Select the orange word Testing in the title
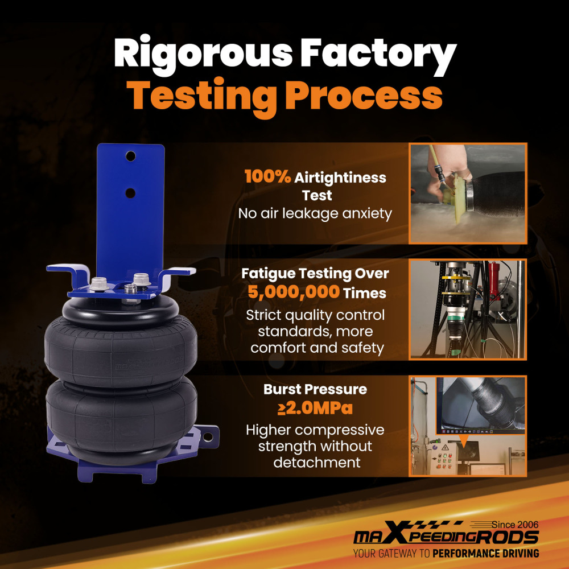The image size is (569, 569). click(x=201, y=97)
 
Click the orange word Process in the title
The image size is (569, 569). click(x=364, y=95)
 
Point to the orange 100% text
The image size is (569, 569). click(x=268, y=177)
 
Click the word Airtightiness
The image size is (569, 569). click(x=340, y=178)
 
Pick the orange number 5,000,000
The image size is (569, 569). click(x=294, y=292)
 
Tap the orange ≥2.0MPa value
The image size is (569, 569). click(x=315, y=408)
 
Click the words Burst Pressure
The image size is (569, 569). click(x=315, y=389)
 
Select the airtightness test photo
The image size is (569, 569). click(x=468, y=193)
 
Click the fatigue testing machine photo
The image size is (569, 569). click(x=468, y=309)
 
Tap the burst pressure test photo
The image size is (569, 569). click(x=468, y=426)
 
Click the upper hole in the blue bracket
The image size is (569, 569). click(x=131, y=156)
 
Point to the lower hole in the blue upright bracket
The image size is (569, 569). click(x=130, y=193)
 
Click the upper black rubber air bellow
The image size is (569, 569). click(x=121, y=348)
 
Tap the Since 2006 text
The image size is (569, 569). click(x=515, y=525)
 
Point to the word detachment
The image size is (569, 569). click(x=317, y=462)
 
